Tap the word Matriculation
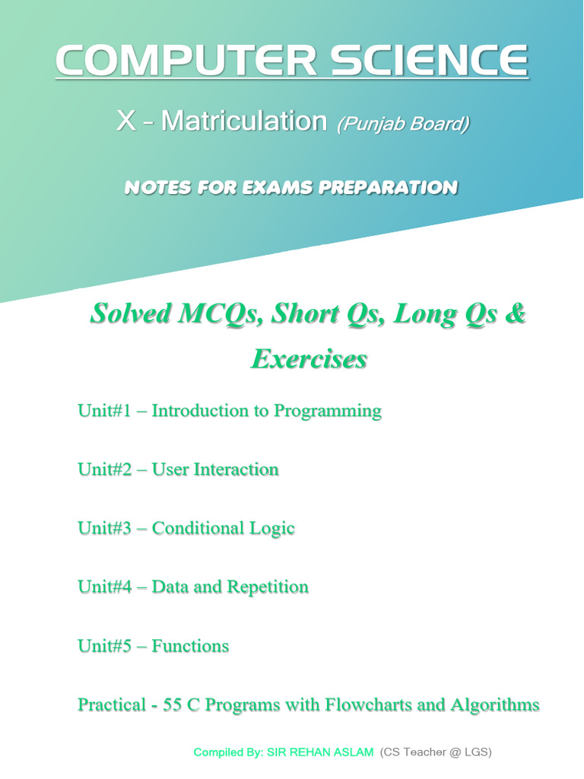coord(243,121)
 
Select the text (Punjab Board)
coord(402,123)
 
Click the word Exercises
coord(309,358)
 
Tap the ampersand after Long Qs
coord(515,313)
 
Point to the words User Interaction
coord(215,469)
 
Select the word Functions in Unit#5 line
coord(190,646)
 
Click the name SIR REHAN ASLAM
coord(319,752)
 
